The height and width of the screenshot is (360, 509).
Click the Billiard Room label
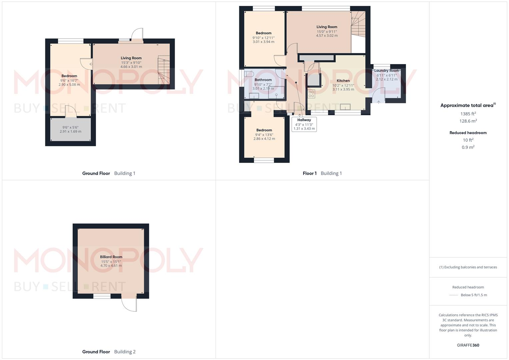point(111,257)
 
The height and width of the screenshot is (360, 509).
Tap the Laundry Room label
point(386,71)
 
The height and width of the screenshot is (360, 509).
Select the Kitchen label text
point(343,81)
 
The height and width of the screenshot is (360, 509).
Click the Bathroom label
point(263,80)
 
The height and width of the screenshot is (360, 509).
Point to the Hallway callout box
point(304,124)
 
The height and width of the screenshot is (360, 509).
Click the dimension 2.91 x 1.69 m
point(70,131)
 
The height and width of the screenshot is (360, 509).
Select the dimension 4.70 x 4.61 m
point(111,266)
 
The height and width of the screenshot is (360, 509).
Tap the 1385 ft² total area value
point(468,114)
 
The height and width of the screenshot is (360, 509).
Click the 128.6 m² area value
point(468,121)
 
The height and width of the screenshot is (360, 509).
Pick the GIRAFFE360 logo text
point(468,345)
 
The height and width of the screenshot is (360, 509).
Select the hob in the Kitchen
point(311,94)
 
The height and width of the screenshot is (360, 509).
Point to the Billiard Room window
point(102,296)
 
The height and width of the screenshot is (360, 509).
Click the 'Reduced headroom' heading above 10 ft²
point(468,133)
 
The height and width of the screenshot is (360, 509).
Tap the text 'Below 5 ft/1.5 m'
point(474,295)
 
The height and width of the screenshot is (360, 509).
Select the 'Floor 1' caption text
point(310,173)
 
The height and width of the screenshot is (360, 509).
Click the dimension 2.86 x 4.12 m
point(264,139)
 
